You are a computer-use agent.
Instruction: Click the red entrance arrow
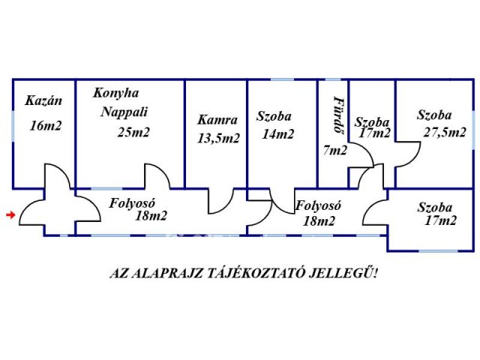click(x=10, y=215)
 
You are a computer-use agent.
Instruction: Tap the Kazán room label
click(x=43, y=100)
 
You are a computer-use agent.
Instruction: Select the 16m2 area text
click(x=46, y=126)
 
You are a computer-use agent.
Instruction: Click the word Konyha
click(x=116, y=93)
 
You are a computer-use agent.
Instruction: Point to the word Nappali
click(x=124, y=112)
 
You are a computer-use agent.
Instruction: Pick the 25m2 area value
click(x=133, y=132)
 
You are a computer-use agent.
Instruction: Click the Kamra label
click(x=217, y=120)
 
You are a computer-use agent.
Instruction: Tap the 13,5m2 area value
click(x=218, y=138)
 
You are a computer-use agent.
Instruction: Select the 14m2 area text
click(x=278, y=134)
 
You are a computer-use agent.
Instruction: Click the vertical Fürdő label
click(x=338, y=115)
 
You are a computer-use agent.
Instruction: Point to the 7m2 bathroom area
click(x=335, y=150)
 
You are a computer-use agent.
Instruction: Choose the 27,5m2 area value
click(x=445, y=132)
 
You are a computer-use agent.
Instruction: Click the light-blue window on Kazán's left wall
click(x=13, y=126)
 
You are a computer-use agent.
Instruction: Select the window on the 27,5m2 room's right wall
click(x=473, y=126)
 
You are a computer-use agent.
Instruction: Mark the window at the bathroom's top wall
click(x=333, y=79)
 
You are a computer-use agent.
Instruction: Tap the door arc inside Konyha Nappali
click(x=160, y=172)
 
